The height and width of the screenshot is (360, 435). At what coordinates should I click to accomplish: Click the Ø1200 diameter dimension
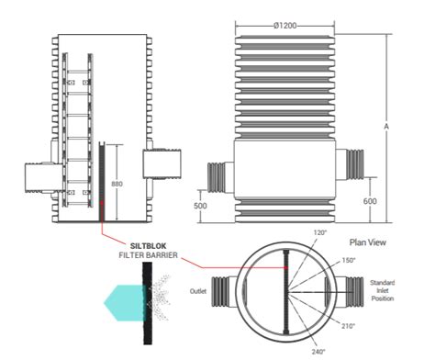tap(285, 26)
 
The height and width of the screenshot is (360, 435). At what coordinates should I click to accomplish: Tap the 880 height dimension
tap(117, 184)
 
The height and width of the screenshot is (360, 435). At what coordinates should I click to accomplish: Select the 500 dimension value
tap(200, 206)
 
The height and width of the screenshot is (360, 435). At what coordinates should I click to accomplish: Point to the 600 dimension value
tap(370, 201)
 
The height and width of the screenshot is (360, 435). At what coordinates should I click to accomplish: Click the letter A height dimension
tap(386, 126)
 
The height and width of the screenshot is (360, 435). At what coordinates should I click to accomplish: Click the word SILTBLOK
tap(149, 246)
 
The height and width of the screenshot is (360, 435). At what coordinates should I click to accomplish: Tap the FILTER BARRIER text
tap(149, 255)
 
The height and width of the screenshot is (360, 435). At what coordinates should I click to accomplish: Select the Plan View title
tap(368, 242)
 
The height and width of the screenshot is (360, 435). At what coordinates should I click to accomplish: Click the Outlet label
tap(198, 291)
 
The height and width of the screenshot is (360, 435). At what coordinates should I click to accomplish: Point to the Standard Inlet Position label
tap(383, 290)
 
